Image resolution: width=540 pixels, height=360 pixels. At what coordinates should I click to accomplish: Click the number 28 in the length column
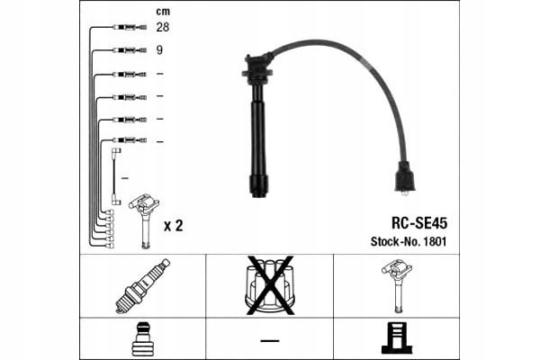tap(163, 27)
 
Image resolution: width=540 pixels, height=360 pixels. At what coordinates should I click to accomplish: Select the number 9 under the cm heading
tap(159, 50)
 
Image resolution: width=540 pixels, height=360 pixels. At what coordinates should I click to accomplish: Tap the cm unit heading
tap(163, 12)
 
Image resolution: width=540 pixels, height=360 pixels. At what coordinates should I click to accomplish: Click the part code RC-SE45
tap(419, 223)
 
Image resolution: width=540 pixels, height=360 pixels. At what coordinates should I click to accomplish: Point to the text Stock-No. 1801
tap(409, 241)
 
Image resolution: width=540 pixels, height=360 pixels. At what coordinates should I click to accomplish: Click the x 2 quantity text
tap(173, 226)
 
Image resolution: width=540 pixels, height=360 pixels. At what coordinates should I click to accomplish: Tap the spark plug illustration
tap(142, 286)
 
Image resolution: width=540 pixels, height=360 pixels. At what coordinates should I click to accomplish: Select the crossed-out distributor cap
tap(270, 285)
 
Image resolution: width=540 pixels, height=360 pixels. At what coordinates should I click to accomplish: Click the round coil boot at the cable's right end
tap(405, 178)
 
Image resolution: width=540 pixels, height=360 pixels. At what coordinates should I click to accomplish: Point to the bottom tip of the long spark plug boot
tap(258, 196)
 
